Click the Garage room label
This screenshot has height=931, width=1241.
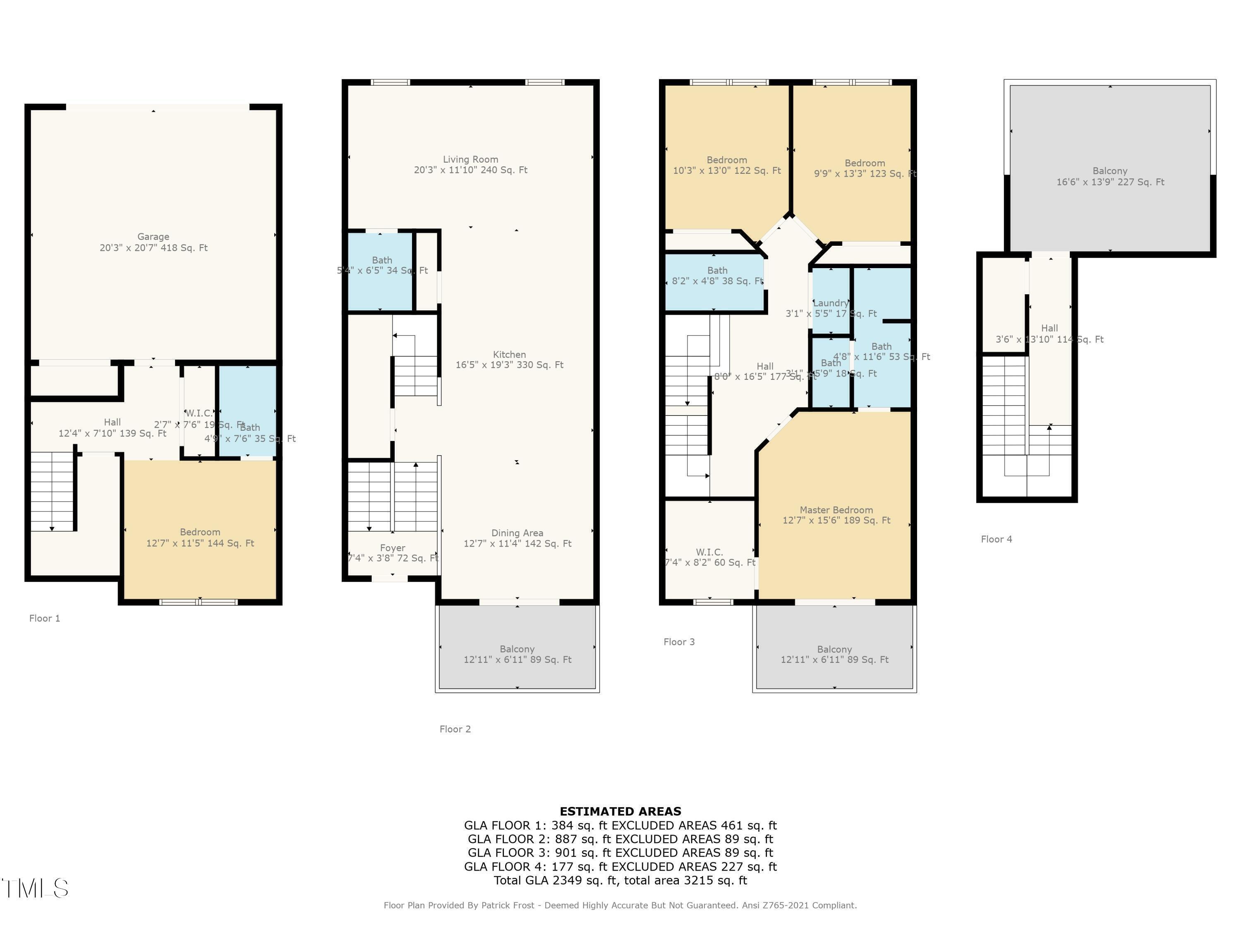tap(153, 237)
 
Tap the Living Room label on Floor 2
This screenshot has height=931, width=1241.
tap(470, 159)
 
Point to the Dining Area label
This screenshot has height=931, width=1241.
tap(517, 533)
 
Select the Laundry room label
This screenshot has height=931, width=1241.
tap(830, 303)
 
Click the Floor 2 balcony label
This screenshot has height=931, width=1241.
tap(517, 649)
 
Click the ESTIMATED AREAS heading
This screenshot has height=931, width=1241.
tap(620, 811)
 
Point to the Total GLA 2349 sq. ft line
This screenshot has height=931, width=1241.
tap(620, 880)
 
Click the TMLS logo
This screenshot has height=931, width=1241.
tap(35, 888)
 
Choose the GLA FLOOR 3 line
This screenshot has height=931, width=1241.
tap(620, 852)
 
